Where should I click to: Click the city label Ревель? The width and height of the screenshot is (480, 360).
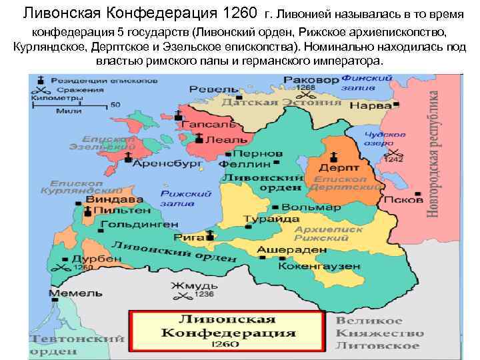[x=213, y=89]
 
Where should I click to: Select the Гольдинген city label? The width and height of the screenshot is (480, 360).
[x=139, y=224]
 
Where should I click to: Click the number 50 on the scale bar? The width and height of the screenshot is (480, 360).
[x=115, y=105]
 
